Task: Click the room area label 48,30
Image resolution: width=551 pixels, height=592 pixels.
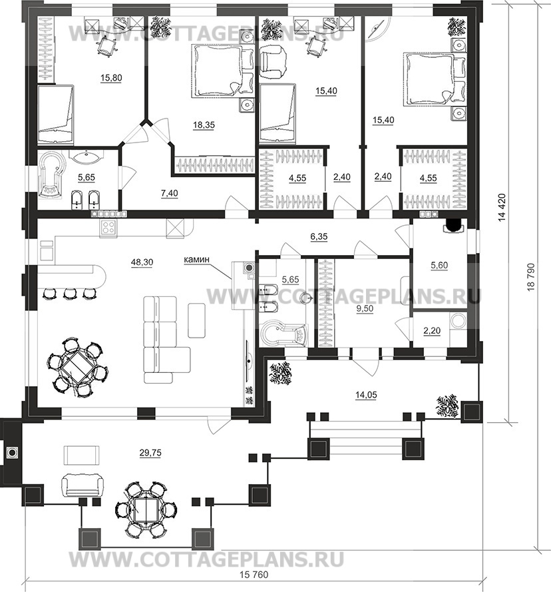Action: [x=142, y=262]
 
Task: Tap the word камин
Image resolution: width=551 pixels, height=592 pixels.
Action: [x=196, y=260]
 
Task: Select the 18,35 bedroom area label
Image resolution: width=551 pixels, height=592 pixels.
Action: [x=204, y=125]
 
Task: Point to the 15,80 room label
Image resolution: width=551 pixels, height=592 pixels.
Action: [x=111, y=78]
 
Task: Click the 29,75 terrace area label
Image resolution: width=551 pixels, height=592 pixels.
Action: [x=150, y=453]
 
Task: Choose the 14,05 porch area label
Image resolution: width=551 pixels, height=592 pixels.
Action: [x=366, y=396]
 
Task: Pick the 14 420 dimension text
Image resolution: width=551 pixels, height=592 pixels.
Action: [x=502, y=207]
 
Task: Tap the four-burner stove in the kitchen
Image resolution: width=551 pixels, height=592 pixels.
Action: [x=108, y=228]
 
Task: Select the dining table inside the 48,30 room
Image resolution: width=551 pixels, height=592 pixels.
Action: [x=77, y=367]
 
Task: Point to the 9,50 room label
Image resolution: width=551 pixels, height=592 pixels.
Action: [x=365, y=309]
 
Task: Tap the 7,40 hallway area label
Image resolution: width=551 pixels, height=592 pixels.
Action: [x=169, y=194]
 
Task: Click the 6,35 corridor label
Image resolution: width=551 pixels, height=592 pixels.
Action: [x=319, y=237]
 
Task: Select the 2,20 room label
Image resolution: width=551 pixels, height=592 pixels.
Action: [x=432, y=331]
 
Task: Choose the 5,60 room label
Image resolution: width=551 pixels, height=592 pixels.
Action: [x=439, y=266]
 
